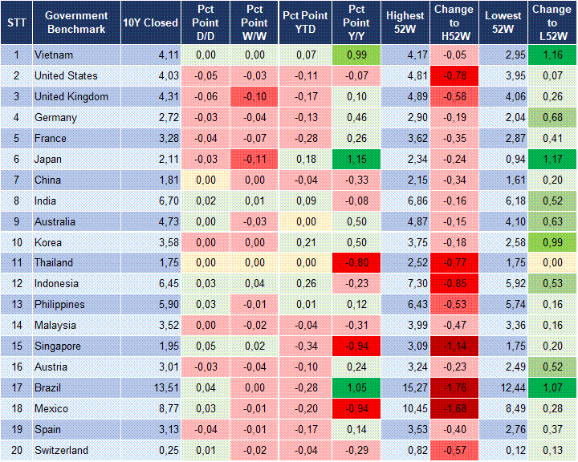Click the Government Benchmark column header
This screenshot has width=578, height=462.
(76, 22)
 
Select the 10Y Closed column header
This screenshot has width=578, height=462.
(150, 22)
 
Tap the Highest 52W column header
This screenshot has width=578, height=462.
(405, 22)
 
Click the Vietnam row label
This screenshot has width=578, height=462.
(53, 55)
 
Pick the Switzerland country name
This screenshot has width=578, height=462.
(61, 450)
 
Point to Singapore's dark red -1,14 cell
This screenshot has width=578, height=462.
(454, 346)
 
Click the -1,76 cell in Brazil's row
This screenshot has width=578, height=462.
(454, 387)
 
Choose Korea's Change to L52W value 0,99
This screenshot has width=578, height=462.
(552, 242)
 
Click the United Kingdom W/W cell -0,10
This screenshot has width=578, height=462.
(254, 96)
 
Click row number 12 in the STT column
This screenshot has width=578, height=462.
(15, 283)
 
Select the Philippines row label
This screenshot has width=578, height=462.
(59, 304)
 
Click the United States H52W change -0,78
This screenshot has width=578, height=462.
(454, 75)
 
